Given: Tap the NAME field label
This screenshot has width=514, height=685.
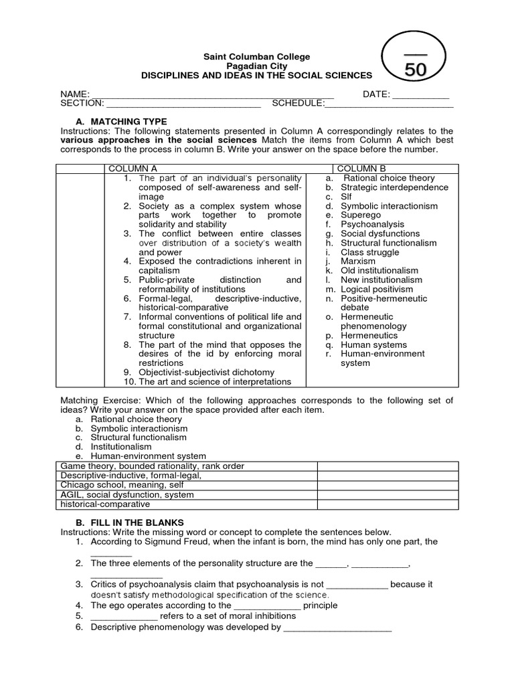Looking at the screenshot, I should point(74,94).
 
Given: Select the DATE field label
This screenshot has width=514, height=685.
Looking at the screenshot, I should point(376,94).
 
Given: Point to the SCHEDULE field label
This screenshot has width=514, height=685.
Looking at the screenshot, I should point(297,104).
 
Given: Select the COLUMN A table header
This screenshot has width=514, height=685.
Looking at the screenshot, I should point(133,169).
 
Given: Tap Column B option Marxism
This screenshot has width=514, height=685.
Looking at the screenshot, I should point(359,262).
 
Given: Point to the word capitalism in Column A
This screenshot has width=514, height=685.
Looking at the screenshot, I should point(160,270).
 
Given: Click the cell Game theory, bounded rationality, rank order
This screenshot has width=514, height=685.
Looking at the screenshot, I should point(153,466).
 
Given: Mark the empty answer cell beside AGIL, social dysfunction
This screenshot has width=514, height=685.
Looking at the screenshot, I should point(388,494).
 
